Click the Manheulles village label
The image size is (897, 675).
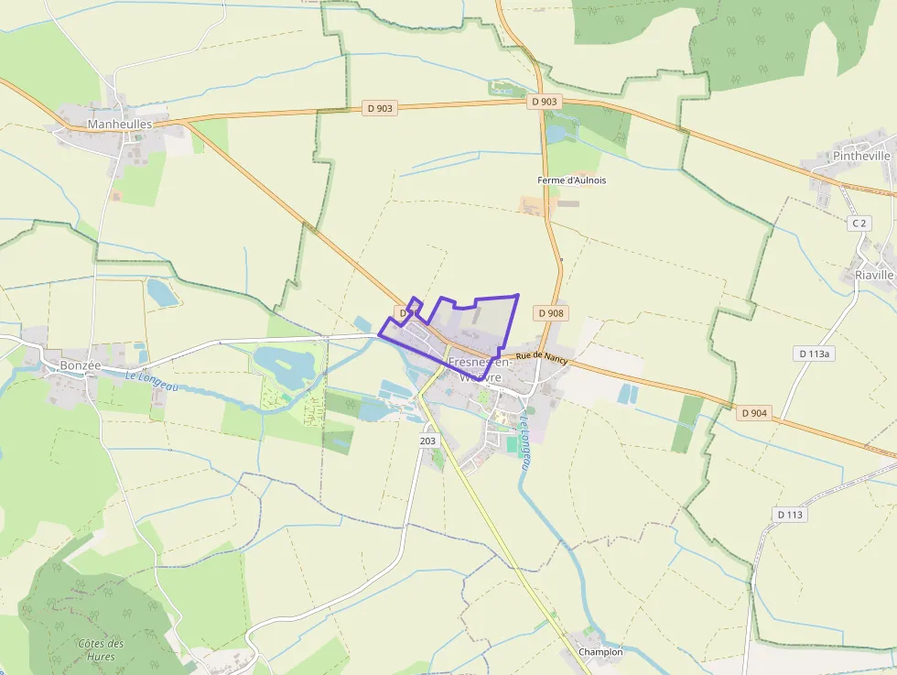120,123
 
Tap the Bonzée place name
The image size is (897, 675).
81,365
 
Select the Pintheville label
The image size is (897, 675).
861,156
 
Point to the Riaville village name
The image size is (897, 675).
874,275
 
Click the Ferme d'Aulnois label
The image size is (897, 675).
572,180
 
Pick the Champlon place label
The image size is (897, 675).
600,652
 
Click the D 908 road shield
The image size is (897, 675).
552,313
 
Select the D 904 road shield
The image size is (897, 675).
754,413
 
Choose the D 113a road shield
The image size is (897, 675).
814,354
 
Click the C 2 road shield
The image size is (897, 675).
859,223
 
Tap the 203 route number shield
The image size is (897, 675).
427,441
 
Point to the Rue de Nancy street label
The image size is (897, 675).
541,358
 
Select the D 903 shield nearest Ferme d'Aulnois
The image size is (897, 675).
544,102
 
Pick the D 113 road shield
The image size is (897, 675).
790,515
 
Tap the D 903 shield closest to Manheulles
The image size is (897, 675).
380,108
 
